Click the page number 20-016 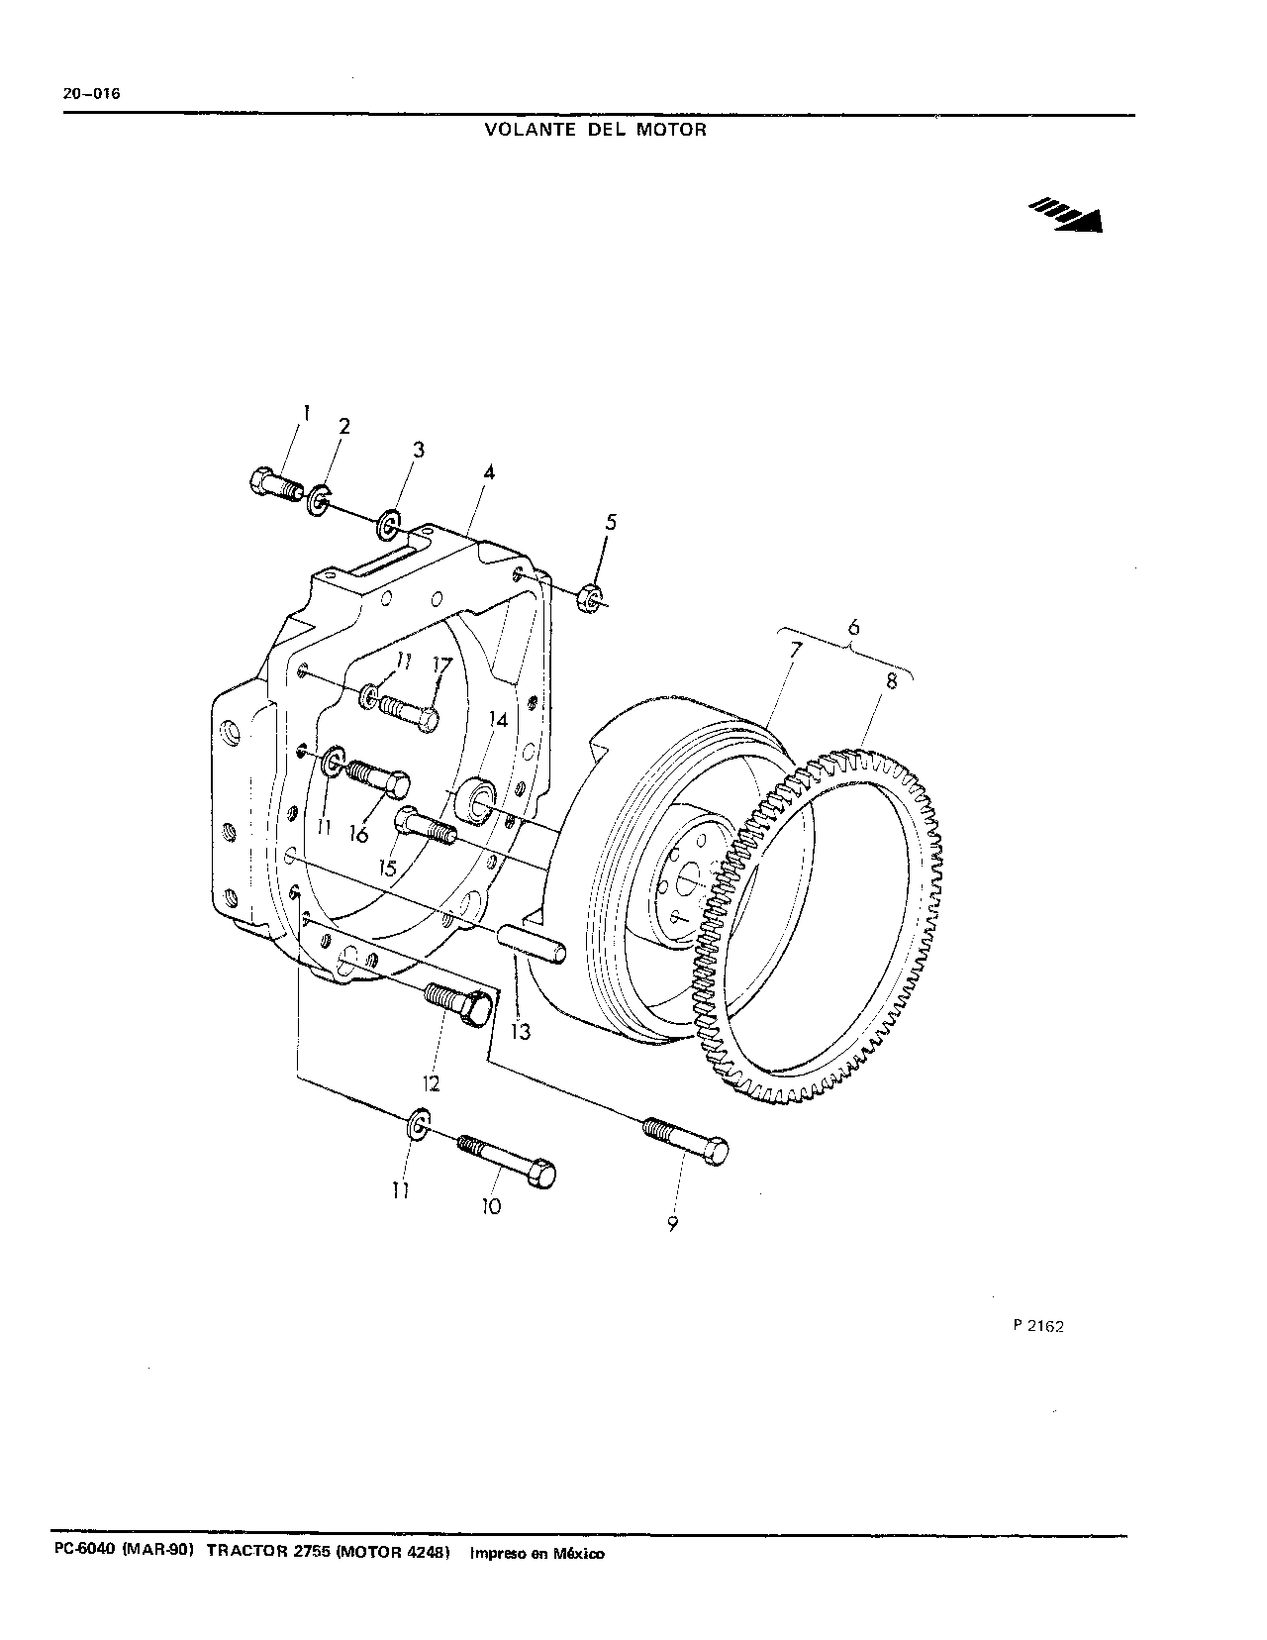91,94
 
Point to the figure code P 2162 1038,1326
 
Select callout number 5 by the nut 611,522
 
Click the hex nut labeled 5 591,598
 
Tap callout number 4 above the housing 489,472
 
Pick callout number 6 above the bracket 853,627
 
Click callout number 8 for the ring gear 892,680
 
